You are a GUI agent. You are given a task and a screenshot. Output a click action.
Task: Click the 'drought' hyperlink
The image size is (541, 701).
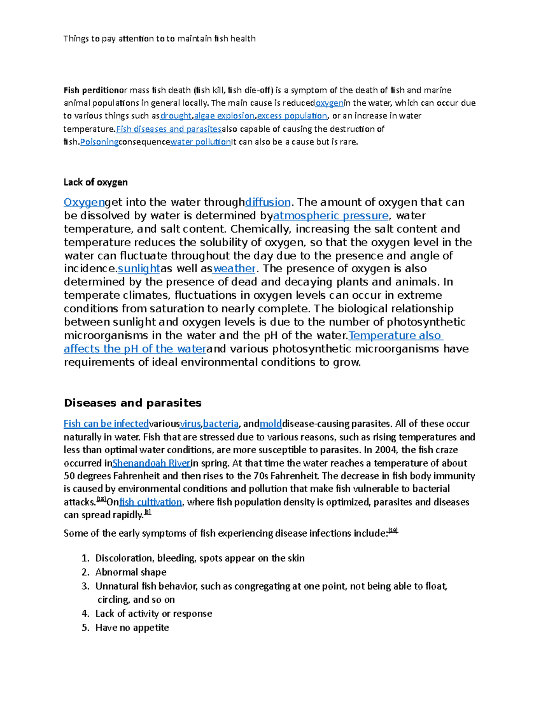point(176,116)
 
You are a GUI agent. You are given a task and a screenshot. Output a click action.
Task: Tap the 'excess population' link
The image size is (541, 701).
point(292,116)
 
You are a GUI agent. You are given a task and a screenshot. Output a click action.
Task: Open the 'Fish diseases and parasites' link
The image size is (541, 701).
point(169,129)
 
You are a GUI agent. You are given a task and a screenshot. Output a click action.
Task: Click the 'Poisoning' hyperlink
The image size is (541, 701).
point(99,142)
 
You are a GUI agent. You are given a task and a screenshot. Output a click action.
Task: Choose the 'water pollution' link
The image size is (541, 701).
point(200,142)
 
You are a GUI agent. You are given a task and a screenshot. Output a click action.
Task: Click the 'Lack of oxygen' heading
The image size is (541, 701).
point(96,182)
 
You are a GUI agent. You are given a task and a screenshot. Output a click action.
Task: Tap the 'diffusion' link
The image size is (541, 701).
point(268,202)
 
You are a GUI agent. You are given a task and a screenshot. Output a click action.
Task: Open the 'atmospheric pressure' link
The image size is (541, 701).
point(331,216)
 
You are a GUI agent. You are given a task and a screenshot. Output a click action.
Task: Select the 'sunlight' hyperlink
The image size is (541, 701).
point(138,269)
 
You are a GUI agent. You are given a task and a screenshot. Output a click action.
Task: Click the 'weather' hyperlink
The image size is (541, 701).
point(234,269)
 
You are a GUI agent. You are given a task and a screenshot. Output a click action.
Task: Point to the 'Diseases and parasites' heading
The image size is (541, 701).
point(133,403)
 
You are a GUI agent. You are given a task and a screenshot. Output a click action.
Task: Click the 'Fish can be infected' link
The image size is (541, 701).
point(106,424)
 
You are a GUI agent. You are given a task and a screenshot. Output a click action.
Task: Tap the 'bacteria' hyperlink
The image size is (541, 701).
point(220,424)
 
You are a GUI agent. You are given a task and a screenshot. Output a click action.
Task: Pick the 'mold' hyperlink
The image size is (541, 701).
point(270,424)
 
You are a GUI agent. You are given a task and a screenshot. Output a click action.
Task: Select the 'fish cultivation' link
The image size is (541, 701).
point(150,502)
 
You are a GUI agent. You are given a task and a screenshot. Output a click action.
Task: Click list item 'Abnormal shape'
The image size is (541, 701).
point(131,572)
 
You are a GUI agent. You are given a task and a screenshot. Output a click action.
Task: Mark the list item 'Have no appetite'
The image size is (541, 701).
point(132,628)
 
